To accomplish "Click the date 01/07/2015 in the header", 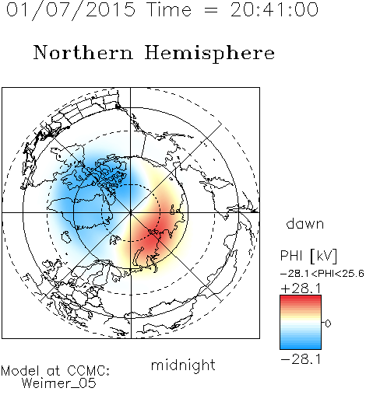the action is [70, 10].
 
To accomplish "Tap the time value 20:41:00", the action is [274, 9].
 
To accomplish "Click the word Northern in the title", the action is [83, 52].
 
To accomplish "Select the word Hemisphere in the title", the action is [209, 54].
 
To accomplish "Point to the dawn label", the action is [305, 223].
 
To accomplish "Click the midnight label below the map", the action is [183, 365].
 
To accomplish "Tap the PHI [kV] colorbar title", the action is [308, 256].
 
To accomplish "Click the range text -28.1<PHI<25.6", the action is [322, 274].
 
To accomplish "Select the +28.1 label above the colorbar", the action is [301, 288].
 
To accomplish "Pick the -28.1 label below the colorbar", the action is [301, 359].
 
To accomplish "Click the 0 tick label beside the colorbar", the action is [328, 323].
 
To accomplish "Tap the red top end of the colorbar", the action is [301, 298].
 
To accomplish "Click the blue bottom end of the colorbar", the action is [301, 347].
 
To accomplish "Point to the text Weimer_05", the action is [58, 383].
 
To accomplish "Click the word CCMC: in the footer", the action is [88, 371].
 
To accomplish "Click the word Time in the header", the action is [169, 9].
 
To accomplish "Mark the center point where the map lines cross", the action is [131, 213].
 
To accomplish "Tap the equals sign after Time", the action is [210, 11].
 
